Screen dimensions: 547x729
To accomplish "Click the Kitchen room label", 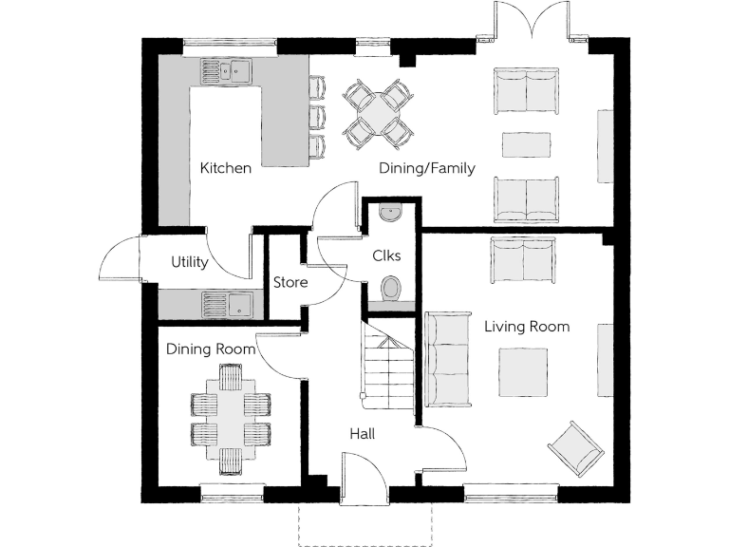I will pos(226,168).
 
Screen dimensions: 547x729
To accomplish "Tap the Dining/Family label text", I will pos(426,168).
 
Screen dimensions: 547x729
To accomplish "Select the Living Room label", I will pos(527,327).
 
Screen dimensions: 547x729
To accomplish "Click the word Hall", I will pos(361,434).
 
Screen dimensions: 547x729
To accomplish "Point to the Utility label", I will pos(189,262).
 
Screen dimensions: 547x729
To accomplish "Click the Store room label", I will pos(290,282).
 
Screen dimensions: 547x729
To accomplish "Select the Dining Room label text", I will pos(211,349).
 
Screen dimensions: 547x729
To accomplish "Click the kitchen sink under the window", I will pos(225,70).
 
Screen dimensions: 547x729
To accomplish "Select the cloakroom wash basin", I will pos(390,213).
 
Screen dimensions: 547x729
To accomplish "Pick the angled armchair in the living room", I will pos(575,447).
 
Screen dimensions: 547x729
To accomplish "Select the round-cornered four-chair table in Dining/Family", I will pos(378,115).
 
